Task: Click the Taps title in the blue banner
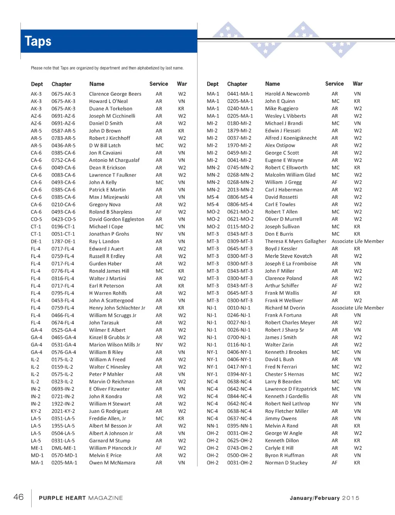(38, 41)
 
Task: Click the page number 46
(19, 497)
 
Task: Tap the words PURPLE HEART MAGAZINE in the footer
(81, 498)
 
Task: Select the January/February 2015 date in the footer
(324, 498)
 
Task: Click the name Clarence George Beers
(115, 94)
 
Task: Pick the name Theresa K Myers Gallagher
(295, 241)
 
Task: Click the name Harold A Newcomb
(287, 94)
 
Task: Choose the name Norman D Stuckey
(286, 462)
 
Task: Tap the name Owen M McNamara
(112, 462)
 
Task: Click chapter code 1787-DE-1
(63, 241)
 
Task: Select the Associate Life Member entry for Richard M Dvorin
(358, 308)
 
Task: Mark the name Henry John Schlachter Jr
(117, 308)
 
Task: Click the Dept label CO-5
(36, 219)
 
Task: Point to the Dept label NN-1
(213, 426)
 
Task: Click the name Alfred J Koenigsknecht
(291, 138)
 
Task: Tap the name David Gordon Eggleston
(116, 219)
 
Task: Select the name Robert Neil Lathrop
(287, 403)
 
